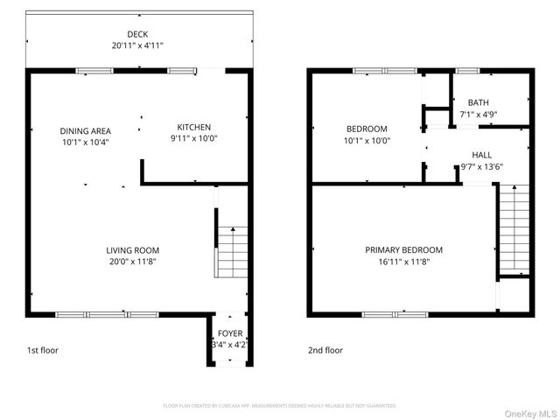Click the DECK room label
pos(137,33)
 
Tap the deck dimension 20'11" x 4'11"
pos(137,45)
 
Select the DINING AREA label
pos(85,130)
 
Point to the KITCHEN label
pos(194,127)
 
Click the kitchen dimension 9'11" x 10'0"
pos(194,138)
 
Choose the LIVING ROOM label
pos(133,249)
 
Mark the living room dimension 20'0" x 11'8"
pos(133,261)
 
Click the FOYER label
pos(230,334)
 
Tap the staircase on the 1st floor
pos(232,251)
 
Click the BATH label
pos(479,102)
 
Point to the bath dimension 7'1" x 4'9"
pos(479,114)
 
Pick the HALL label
pos(482,153)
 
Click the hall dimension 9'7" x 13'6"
pos(482,165)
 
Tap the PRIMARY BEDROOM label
pos(403,249)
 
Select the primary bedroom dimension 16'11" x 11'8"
pos(403,261)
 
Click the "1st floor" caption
pos(42,350)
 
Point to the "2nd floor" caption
pos(325,350)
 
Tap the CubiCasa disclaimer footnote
pos(280,406)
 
